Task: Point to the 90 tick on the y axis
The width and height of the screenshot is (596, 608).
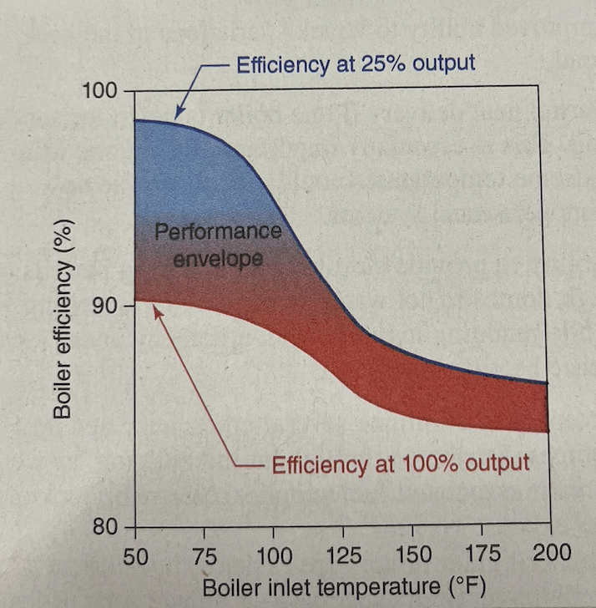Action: [106, 306]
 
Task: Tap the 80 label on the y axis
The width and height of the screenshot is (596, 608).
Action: [106, 529]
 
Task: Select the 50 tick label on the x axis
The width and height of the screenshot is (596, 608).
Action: [135, 555]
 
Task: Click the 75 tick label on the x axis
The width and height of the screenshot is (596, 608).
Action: [205, 555]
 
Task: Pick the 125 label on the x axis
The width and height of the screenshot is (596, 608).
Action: [343, 555]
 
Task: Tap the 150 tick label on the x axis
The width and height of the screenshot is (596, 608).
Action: [413, 555]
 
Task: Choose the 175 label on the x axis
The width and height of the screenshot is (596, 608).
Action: [482, 554]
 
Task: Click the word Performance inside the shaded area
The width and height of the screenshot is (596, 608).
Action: [218, 232]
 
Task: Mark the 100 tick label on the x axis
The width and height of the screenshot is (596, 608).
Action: [274, 555]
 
